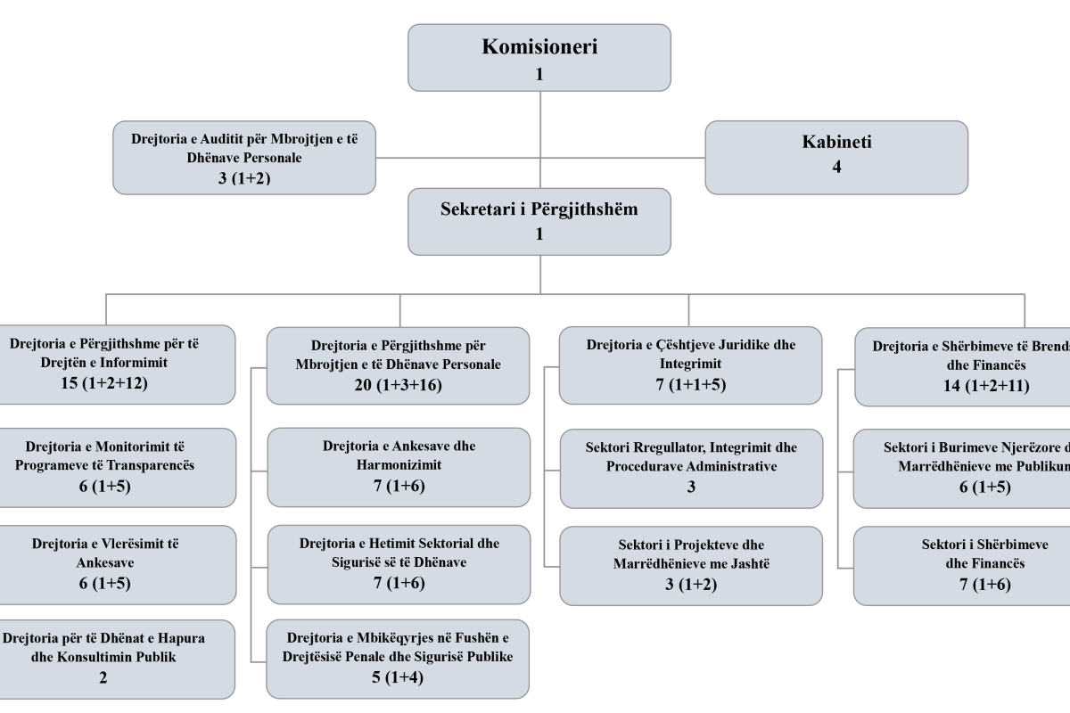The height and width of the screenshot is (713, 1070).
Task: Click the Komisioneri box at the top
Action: pyautogui.click(x=539, y=58)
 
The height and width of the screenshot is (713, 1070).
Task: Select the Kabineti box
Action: pyautogui.click(x=836, y=157)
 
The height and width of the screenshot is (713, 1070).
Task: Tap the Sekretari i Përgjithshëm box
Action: pyautogui.click(x=539, y=221)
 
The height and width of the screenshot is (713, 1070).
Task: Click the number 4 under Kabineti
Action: pyautogui.click(x=836, y=167)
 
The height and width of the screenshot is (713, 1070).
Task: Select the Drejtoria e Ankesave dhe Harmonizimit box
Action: pyautogui.click(x=399, y=464)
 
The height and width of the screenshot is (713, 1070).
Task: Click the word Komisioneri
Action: pyautogui.click(x=539, y=47)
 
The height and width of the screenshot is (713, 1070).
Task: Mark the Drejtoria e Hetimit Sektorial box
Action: pyautogui.click(x=399, y=564)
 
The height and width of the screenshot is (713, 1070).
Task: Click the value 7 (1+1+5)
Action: pyautogui.click(x=691, y=384)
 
